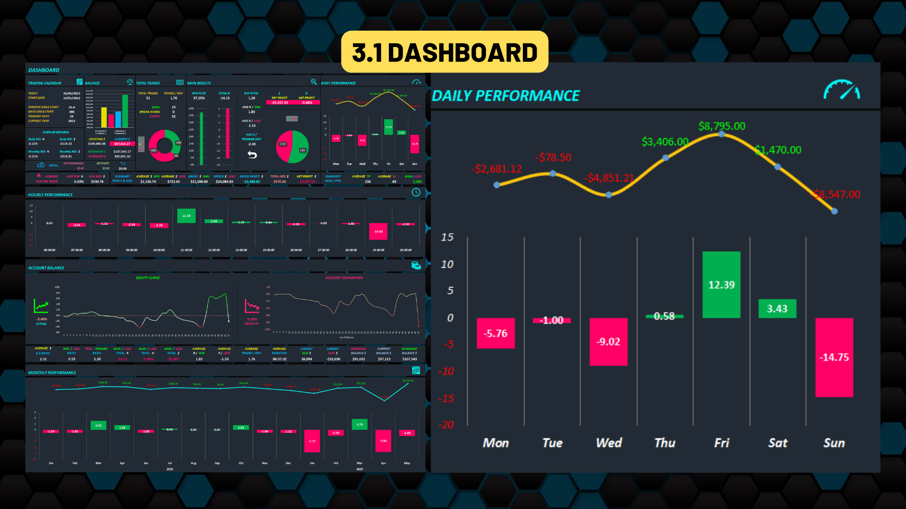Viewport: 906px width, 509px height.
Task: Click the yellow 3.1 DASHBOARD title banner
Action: pos(445,52)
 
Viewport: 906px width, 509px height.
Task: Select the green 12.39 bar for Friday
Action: pos(721,285)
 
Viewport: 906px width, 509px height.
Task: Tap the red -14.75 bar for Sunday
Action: pos(834,357)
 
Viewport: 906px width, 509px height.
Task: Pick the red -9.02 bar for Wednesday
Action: pos(608,342)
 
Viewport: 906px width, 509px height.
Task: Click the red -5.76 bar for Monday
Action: pos(495,333)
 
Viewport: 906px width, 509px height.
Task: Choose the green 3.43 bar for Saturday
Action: pos(777,309)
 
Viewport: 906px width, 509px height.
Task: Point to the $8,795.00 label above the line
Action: pos(721,126)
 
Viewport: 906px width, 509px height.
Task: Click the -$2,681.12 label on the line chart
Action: pos(496,169)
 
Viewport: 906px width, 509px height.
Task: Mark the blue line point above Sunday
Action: pos(834,211)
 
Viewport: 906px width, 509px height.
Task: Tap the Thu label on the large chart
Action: pos(665,443)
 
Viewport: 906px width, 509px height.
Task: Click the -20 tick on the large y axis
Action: pos(446,425)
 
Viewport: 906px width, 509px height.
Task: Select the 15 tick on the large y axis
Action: pos(447,237)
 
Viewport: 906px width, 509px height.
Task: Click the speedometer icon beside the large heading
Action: pos(841,90)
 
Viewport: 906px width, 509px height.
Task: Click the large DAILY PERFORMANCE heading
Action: pos(505,96)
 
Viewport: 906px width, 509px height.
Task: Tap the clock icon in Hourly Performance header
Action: pos(416,192)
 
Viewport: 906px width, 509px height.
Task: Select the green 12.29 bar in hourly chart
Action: pos(186,216)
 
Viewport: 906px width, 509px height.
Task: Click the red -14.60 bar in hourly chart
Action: pos(378,231)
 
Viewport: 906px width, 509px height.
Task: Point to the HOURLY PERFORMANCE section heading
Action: pos(50,195)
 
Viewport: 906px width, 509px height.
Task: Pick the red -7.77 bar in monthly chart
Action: pos(312,441)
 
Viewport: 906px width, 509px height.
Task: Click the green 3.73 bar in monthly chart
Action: pos(360,424)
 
